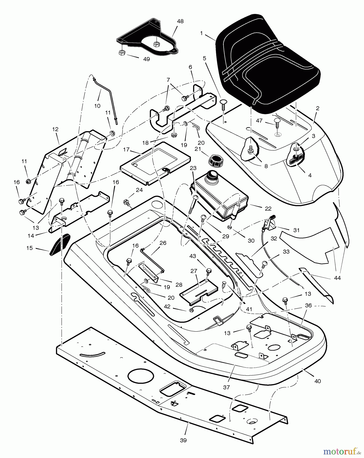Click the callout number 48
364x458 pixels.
coord(180,21)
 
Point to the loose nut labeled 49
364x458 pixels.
coord(122,53)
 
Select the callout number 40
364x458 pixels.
coord(318,381)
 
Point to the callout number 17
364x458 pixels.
coord(126,150)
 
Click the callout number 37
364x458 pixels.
coord(226,387)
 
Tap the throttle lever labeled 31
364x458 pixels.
coord(269,222)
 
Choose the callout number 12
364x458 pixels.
coord(55,129)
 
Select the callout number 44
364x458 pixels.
coord(337,278)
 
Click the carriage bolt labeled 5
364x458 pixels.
coord(223,104)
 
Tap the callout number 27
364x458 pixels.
coord(194,271)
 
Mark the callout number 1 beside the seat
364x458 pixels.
coord(201,33)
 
